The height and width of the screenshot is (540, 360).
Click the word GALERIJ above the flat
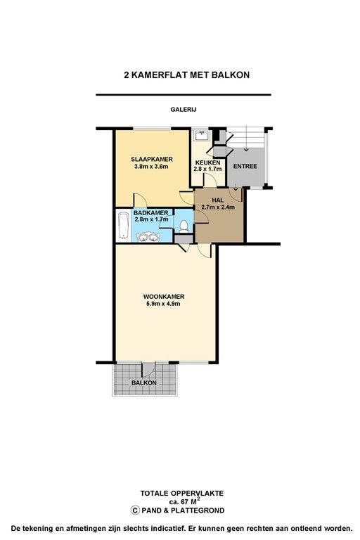click(184, 110)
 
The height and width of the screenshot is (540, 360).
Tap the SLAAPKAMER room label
click(152, 160)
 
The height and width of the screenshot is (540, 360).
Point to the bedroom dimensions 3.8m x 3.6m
click(152, 167)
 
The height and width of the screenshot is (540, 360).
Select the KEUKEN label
click(207, 162)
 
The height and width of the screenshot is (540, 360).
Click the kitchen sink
click(201, 135)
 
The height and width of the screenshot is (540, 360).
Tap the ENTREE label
click(245, 166)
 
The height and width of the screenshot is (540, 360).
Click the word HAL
click(218, 200)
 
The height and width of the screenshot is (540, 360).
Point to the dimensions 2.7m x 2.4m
click(218, 207)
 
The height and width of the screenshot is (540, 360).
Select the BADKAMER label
click(151, 213)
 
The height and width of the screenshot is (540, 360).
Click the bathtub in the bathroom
click(123, 226)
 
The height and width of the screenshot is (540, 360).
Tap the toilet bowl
click(184, 227)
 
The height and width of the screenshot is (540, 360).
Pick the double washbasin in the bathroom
click(148, 237)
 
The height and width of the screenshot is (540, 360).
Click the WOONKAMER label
click(164, 297)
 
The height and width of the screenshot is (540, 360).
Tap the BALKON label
click(143, 382)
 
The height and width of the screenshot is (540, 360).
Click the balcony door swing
click(149, 370)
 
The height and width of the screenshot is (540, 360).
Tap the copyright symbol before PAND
click(135, 510)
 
